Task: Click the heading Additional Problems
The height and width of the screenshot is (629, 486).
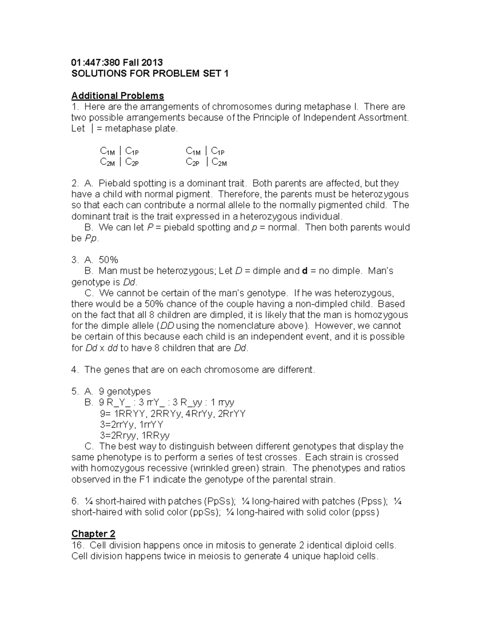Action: (x=117, y=96)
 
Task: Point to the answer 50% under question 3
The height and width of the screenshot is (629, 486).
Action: (x=108, y=260)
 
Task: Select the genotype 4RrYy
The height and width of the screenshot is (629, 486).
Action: (x=199, y=414)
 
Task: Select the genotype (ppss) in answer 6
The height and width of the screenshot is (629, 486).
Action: (x=365, y=512)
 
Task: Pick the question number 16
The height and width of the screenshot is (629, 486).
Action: (x=77, y=545)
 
